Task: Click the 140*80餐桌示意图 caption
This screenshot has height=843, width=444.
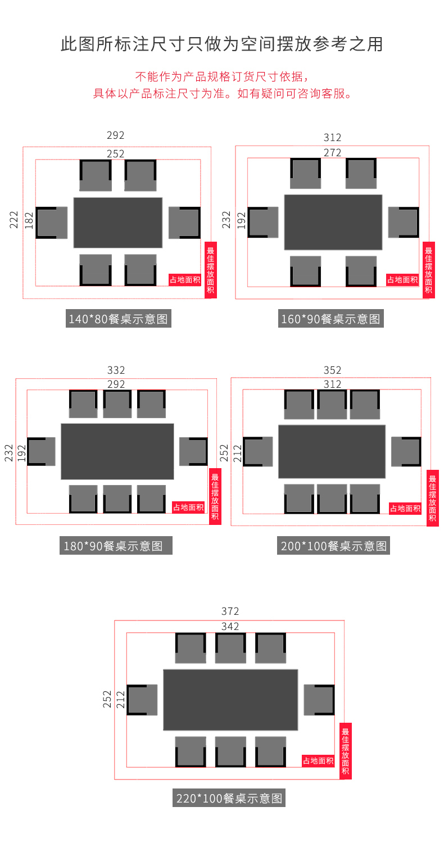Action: pos(118,319)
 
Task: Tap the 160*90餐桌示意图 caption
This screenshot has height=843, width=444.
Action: pos(330,319)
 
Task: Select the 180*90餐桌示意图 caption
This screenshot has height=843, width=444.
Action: pos(116,545)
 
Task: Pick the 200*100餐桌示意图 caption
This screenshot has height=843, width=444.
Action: pos(333,545)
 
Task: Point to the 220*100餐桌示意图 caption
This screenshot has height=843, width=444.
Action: pos(229,798)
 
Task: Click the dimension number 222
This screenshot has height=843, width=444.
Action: pos(13,220)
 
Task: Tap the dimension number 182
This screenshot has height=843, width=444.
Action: pos(29,220)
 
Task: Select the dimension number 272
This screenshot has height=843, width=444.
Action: pos(332,152)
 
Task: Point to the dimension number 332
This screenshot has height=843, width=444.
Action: pos(116,370)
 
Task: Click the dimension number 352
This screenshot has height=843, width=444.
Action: pos(332,370)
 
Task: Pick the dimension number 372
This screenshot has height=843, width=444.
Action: pos(230,611)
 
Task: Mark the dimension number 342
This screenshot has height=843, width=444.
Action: pos(230,626)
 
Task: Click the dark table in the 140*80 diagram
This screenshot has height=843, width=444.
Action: pos(118,223)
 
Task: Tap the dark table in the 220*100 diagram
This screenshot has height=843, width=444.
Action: pos(230,700)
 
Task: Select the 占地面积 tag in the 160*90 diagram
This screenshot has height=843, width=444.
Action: pos(402,280)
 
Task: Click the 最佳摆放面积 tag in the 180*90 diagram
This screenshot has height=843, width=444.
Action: pos(215,496)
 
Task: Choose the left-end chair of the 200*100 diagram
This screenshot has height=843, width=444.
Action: pos(258,452)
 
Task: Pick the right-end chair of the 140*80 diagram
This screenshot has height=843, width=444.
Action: pos(184,223)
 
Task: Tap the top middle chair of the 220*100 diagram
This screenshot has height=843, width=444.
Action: pos(230,647)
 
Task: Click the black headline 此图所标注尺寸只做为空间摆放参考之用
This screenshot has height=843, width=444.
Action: pos(222,44)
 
